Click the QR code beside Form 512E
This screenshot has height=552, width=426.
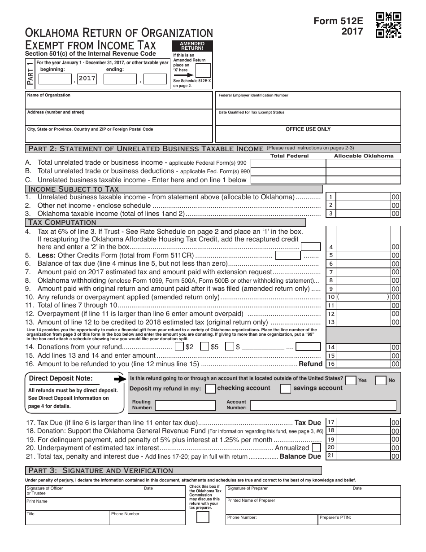(x=388, y=24)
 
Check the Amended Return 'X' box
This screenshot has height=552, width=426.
(x=203, y=71)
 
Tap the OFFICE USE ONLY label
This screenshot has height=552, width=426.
(x=308, y=129)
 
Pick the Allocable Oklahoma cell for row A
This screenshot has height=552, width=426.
(x=363, y=163)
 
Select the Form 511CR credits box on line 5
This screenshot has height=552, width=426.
(x=287, y=255)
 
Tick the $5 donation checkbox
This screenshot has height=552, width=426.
(x=204, y=346)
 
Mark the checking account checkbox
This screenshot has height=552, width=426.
(x=210, y=389)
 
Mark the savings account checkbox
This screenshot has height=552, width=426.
(x=285, y=389)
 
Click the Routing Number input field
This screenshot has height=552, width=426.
(x=185, y=406)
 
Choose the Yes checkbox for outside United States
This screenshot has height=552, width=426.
(x=351, y=380)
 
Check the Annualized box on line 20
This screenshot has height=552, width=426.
(x=316, y=447)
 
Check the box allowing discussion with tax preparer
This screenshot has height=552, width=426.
(x=203, y=517)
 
